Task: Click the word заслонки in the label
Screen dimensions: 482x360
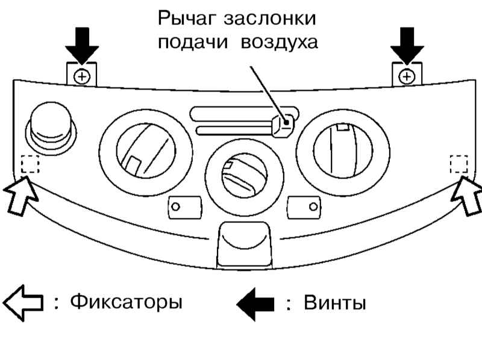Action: pos(269,19)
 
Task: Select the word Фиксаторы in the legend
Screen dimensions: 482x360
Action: pos(127,303)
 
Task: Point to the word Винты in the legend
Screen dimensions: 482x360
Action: pos(335,302)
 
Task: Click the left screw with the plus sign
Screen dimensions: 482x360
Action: pos(82,76)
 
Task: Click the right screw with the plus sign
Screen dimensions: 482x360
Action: pos(407,76)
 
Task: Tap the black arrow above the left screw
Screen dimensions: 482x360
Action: pos(82,46)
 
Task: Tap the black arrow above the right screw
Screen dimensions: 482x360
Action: pos(407,46)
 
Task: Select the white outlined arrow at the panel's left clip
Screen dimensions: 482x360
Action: pos(20,195)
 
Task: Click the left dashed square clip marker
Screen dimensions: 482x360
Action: pos(30,164)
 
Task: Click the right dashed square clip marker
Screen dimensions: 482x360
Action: pos(459,164)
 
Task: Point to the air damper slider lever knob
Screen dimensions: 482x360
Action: pos(283,125)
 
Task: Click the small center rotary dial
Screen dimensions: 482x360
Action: pos(245,176)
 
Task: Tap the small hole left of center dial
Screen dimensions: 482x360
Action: pos(175,206)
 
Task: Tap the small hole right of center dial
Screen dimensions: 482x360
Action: pos(313,206)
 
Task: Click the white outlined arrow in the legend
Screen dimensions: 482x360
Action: pos(23,303)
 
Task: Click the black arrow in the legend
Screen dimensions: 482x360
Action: pos(255,304)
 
